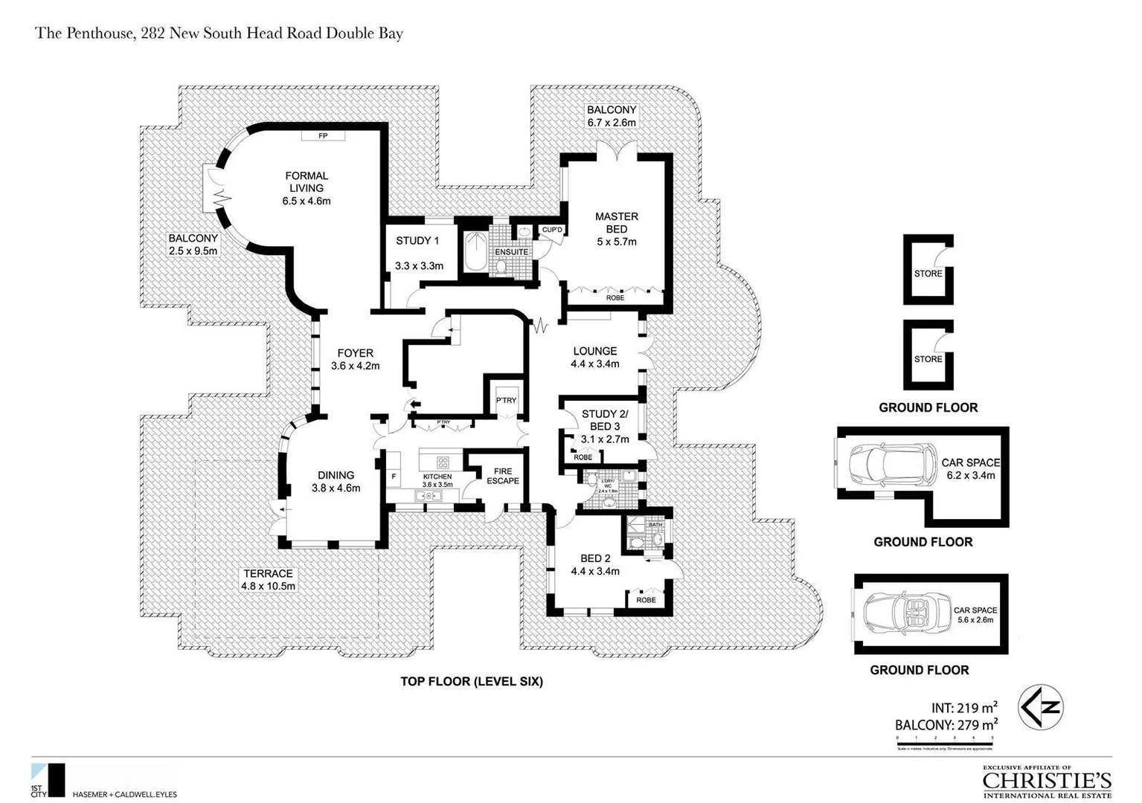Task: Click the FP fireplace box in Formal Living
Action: [x=323, y=136]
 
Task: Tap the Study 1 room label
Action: [x=417, y=241]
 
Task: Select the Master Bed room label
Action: [x=616, y=223]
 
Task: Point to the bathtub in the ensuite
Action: [x=474, y=253]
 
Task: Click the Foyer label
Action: [x=355, y=353]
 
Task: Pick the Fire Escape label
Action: [x=503, y=476]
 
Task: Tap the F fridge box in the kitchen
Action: [x=394, y=475]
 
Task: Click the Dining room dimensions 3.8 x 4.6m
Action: [x=336, y=488]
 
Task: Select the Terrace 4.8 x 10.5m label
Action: [x=268, y=580]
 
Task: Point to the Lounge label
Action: [x=594, y=351]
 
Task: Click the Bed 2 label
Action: [x=595, y=559]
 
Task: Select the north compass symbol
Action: [x=1040, y=707]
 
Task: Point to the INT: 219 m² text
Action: [x=963, y=708]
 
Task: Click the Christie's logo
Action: [x=1047, y=781]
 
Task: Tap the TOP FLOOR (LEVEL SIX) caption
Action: [x=472, y=681]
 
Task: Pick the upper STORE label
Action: [x=928, y=274]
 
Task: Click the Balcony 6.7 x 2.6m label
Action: [x=612, y=116]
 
